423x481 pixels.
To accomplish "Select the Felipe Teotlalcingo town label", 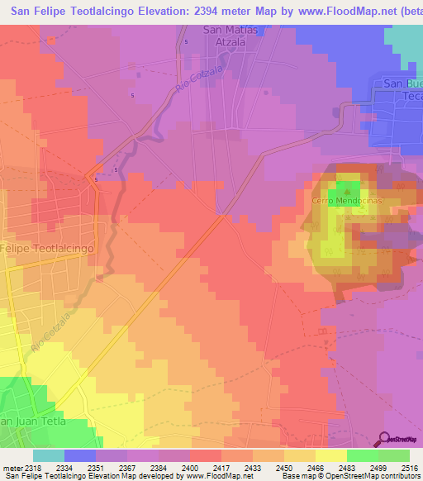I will pyautogui.click(x=47, y=248).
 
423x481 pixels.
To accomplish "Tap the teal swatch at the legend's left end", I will pyautogui.click(x=49, y=455).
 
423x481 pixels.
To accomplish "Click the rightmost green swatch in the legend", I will pyautogui.click(x=394, y=455).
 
